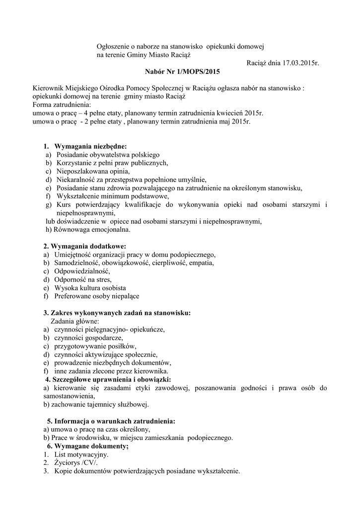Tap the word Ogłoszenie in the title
point(113,46)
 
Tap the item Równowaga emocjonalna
point(88,229)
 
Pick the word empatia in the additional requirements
point(201,263)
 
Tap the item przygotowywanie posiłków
point(95,346)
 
